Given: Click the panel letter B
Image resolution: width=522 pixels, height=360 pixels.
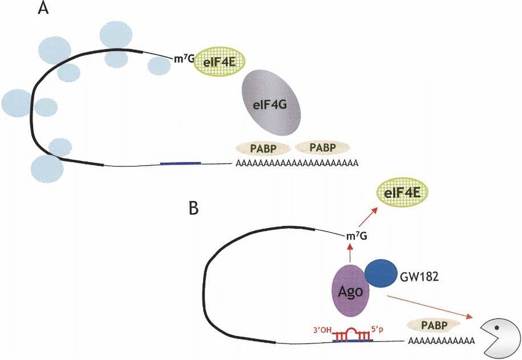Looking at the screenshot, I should coord(193,209).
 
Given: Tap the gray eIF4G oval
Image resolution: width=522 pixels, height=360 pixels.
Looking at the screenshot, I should coord(270,103).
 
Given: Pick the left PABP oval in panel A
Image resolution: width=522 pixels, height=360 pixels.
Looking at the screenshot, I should coord(261,148).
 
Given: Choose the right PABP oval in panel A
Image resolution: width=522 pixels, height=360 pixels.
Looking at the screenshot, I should coord(322,148).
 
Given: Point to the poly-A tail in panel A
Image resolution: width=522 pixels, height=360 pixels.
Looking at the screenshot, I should coord(295,164).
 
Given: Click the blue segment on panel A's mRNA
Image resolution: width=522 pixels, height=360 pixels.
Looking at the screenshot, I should coord(180,163).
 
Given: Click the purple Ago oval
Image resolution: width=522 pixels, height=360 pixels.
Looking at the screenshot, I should coord(350,289).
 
